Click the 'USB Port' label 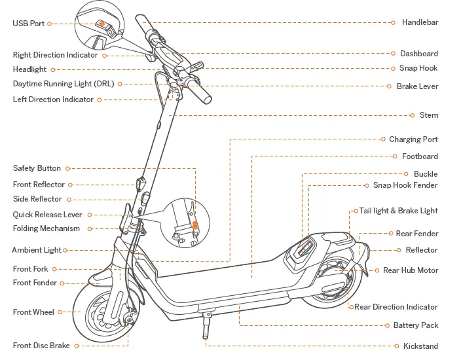[29, 24]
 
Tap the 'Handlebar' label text [420, 22]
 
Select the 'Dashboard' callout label [419, 54]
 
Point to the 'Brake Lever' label [417, 86]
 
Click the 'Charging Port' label [413, 139]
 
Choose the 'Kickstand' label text [420, 346]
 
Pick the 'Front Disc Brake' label [41, 346]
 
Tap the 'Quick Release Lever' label [48, 215]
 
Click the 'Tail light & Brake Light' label [399, 211]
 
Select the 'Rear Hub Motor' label [411, 270]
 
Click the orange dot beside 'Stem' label [412, 115]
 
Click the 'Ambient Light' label [37, 250]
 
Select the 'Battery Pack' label [416, 325]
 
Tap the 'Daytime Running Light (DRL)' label [63, 84]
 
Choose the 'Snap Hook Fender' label [405, 185]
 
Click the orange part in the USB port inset [101, 23]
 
